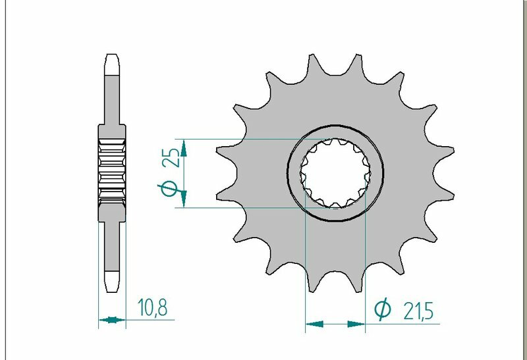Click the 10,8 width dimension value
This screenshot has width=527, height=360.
click(152, 307)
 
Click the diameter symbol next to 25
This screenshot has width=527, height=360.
click(169, 190)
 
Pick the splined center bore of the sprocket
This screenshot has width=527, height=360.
click(336, 174)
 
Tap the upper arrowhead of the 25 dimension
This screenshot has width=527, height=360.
click(184, 148)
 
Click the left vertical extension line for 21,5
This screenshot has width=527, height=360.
click(306, 263)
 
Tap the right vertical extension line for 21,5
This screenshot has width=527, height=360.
click(366, 263)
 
